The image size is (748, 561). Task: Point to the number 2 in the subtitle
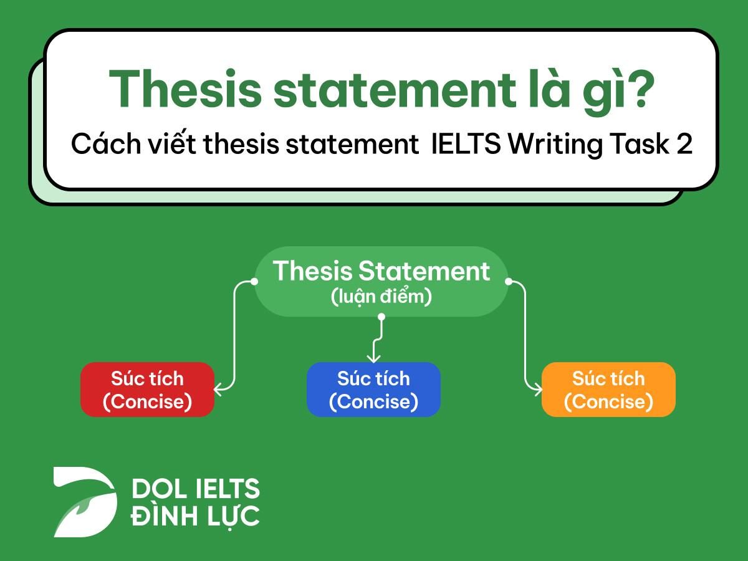[684, 145]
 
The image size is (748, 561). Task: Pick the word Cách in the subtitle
[97, 145]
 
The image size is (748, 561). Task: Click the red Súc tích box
[147, 390]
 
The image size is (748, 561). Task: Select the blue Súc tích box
[373, 390]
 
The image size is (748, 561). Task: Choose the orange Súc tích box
[608, 390]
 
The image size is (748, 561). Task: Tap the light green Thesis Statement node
[381, 282]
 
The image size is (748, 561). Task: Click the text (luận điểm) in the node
[381, 297]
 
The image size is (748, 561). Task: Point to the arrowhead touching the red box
[218, 390]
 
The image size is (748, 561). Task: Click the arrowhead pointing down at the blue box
[373, 359]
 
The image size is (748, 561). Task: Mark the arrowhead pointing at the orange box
[538, 390]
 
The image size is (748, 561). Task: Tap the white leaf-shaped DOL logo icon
[85, 501]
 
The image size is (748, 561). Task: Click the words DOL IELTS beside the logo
[195, 489]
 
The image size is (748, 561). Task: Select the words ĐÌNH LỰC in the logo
[195, 516]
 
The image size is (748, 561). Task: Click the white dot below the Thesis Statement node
[381, 317]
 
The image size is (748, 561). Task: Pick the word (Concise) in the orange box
[608, 402]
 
